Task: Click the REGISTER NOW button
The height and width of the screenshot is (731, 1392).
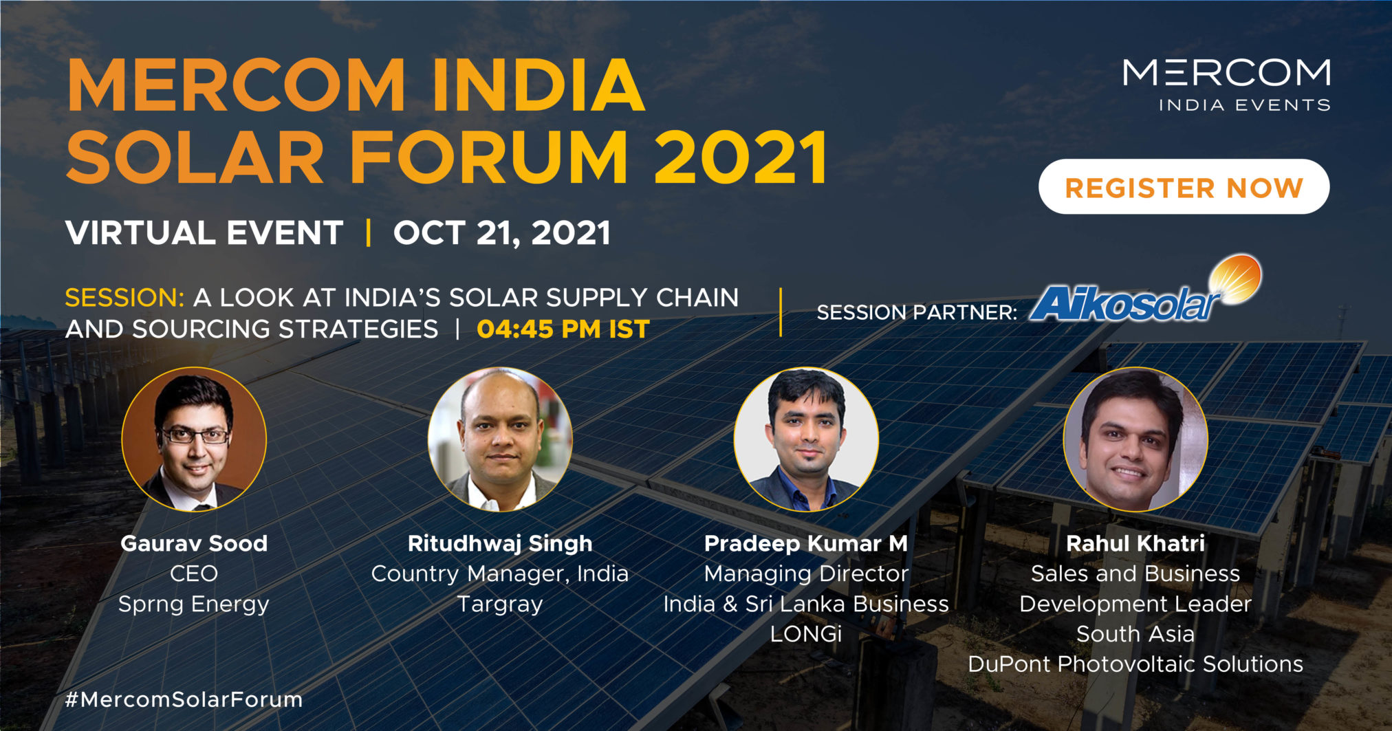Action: tap(1184, 187)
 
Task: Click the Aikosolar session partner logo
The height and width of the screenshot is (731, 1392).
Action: tap(1145, 290)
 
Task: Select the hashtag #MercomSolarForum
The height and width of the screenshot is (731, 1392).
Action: tap(184, 699)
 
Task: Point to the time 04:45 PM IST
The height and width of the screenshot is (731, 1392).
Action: tap(563, 329)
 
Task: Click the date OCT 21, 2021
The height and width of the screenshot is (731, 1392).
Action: tap(502, 233)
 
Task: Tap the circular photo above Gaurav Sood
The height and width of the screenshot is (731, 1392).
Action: tap(194, 439)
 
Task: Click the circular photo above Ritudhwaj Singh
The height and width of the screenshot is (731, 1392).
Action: tap(500, 439)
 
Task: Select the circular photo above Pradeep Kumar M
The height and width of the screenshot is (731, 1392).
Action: tap(806, 439)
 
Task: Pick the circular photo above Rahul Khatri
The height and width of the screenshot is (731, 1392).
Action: tap(1135, 439)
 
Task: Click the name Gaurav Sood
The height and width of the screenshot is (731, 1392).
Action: tap(194, 543)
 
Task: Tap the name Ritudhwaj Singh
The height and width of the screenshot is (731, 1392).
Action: tap(500, 544)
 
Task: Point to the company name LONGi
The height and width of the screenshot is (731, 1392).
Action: tap(806, 634)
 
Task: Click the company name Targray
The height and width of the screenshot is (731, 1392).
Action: tap(500, 604)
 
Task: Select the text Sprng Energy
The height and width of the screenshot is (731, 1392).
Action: tap(194, 604)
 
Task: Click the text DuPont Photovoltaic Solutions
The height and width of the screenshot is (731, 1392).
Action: tap(1135, 664)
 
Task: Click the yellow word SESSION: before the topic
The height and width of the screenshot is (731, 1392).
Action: tap(124, 298)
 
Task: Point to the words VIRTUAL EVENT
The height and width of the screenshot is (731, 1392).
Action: tap(204, 233)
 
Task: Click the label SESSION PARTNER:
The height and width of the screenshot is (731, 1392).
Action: tap(917, 313)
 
